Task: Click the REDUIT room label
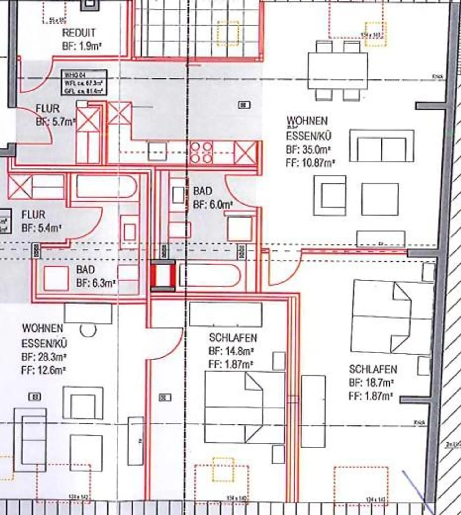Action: point(79,33)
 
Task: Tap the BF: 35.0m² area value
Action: point(308,149)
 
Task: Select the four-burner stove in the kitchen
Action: point(201,153)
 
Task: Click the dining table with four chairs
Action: point(338,71)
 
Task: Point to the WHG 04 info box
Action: point(84,83)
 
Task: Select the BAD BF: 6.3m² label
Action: point(95,276)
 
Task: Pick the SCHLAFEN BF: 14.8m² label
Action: point(232,351)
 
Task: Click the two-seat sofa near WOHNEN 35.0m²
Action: point(382,146)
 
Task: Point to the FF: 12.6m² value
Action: point(44,370)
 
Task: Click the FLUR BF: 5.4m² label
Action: point(41,221)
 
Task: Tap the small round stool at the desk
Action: point(88,330)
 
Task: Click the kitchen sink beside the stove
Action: point(157,151)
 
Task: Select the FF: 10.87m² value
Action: point(310,163)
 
